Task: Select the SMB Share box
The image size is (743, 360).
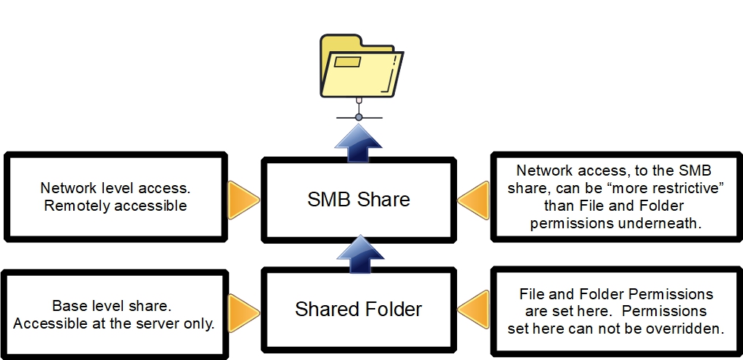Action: (358, 198)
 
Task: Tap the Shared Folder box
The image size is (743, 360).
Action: (358, 309)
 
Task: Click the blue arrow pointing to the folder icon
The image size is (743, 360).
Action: (358, 138)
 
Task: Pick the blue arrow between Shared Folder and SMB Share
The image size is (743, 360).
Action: (358, 253)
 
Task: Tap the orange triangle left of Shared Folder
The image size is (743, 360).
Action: (244, 309)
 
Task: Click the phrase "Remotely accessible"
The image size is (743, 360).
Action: (116, 206)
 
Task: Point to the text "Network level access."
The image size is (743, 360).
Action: (116, 188)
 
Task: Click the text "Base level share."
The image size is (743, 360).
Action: (111, 306)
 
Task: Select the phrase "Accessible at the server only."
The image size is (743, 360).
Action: (113, 323)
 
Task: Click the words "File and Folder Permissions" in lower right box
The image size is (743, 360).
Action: (616, 294)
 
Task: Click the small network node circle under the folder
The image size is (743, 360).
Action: (358, 117)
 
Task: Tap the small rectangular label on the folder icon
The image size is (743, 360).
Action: (347, 62)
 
